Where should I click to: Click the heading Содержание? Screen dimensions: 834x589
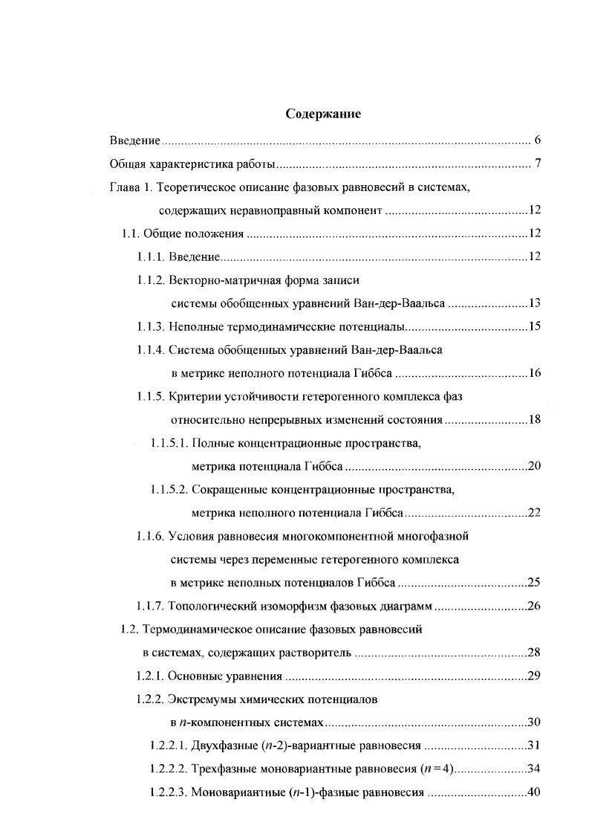point(323,114)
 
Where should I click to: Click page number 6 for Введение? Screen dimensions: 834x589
point(536,140)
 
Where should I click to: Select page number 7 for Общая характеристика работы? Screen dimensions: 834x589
point(536,164)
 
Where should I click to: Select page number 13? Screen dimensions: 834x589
point(533,303)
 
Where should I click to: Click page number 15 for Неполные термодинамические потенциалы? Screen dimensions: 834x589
point(533,326)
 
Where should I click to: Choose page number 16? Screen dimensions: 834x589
point(533,373)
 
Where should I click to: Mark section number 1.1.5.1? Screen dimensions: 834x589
point(169,443)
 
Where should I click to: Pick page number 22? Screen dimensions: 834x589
point(533,513)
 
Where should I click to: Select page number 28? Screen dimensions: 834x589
point(533,653)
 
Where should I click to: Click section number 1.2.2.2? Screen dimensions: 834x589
point(168,769)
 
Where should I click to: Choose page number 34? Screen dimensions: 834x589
point(533,769)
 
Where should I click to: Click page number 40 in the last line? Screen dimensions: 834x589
point(533,792)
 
